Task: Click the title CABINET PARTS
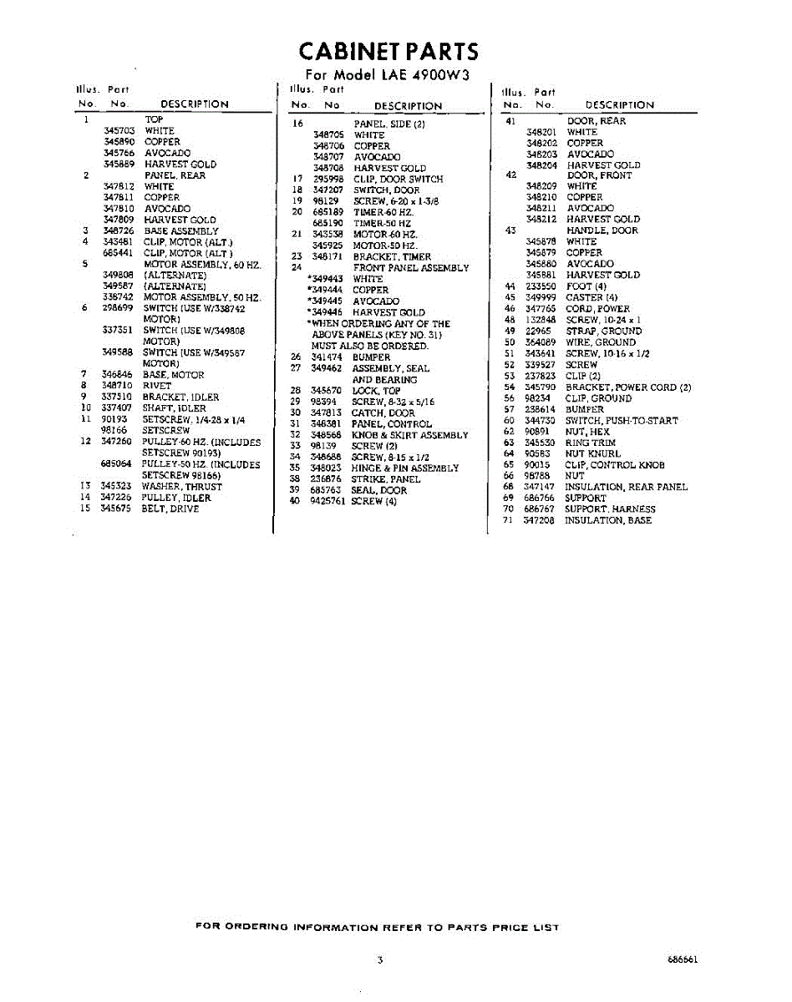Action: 388,52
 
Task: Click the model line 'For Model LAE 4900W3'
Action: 388,75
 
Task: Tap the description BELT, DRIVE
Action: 170,508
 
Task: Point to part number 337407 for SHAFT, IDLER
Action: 116,408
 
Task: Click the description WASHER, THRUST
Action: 181,486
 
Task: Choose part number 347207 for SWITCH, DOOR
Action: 327,190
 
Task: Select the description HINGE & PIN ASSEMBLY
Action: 405,468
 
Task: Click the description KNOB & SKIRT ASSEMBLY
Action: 409,435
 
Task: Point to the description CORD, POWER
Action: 597,309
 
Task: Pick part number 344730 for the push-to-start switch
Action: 540,421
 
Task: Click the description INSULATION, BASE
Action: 607,520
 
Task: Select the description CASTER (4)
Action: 591,297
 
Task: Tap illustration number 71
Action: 507,520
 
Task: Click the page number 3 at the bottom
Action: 380,960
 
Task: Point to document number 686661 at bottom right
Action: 683,960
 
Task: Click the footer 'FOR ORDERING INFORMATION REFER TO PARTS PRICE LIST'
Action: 377,927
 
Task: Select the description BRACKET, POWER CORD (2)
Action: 628,387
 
